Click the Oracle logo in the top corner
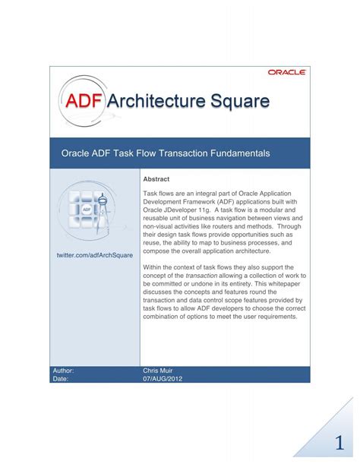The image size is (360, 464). click(x=286, y=72)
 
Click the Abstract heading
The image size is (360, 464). click(x=156, y=179)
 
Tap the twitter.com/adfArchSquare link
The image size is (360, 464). click(x=95, y=255)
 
